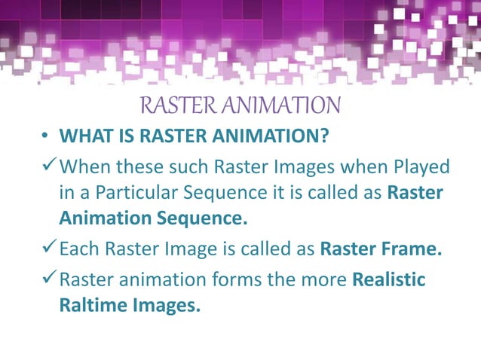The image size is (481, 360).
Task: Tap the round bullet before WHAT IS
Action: point(46,137)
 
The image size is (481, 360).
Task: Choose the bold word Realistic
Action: point(389,280)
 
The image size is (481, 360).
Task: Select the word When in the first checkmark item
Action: point(84,166)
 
